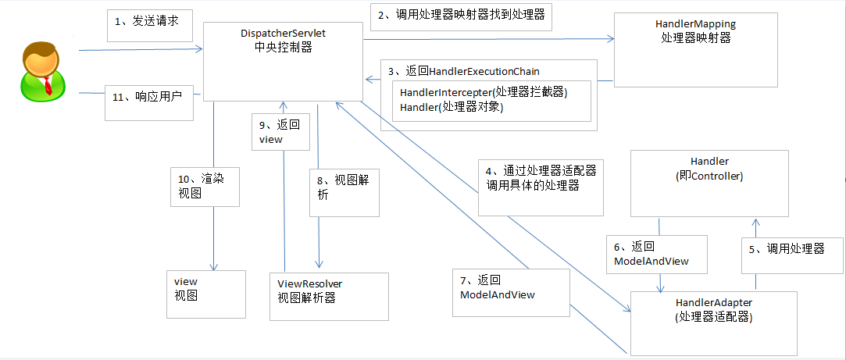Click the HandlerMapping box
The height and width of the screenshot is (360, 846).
pyautogui.click(x=695, y=49)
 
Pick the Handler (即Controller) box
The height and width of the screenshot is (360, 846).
pyautogui.click(x=709, y=183)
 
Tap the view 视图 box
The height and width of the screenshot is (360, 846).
pyautogui.click(x=206, y=293)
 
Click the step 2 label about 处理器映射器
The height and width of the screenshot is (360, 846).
pyautogui.click(x=462, y=15)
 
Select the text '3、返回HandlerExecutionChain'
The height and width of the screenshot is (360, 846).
pyautogui.click(x=469, y=71)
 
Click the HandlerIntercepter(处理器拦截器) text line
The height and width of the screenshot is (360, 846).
pyautogui.click(x=483, y=92)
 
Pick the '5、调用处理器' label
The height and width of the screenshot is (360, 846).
pyautogui.click(x=791, y=249)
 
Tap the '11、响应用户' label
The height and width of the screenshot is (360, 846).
pyautogui.click(x=148, y=98)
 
